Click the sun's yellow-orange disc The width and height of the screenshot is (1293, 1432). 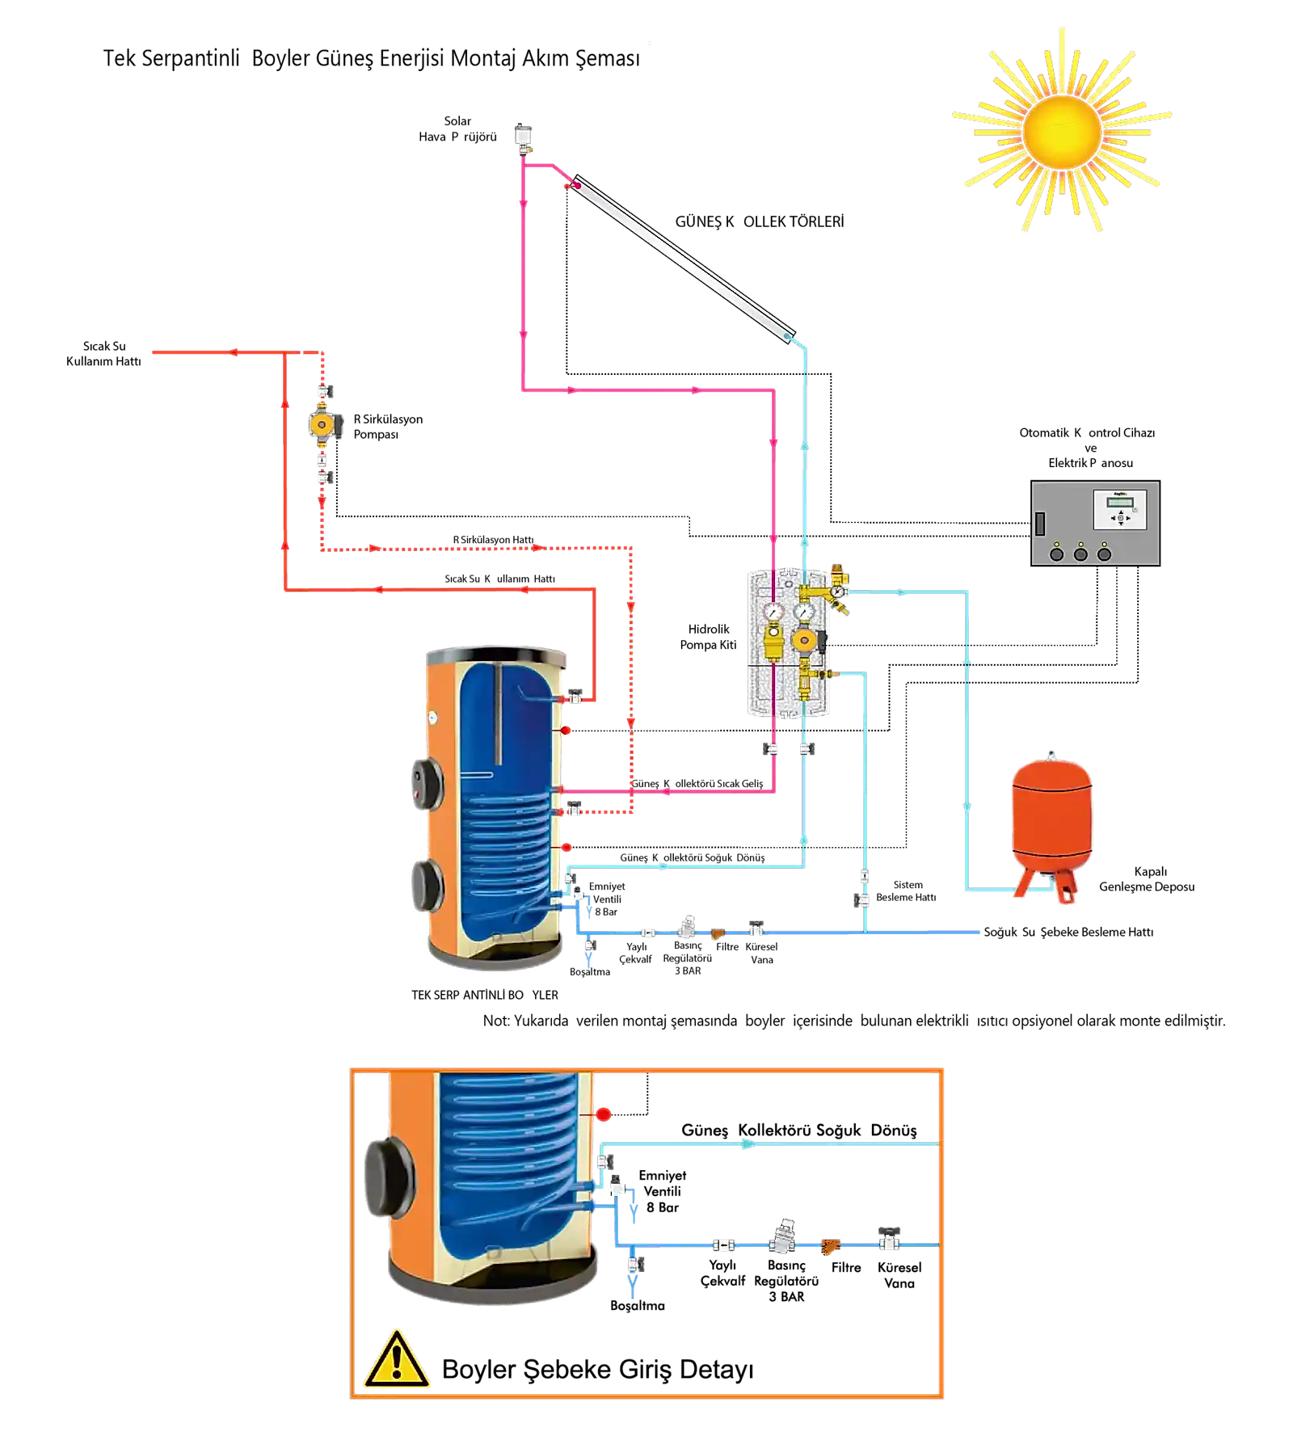tap(1061, 132)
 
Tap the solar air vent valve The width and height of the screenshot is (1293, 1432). tap(524, 138)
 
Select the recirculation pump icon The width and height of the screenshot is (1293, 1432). tap(323, 424)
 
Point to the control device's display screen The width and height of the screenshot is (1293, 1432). tap(1120, 502)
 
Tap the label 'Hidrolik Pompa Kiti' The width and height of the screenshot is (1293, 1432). tap(709, 637)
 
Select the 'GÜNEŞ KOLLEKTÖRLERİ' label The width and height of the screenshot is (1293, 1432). tap(760, 221)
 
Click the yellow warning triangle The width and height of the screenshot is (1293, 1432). tap(396, 1359)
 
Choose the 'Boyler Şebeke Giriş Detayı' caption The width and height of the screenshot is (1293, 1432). tap(598, 1369)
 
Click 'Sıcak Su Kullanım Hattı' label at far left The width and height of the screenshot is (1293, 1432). tap(103, 354)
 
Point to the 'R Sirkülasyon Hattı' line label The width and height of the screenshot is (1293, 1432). tap(493, 540)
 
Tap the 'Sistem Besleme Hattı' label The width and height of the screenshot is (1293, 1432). tap(907, 891)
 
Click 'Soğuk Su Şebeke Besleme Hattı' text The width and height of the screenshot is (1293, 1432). tap(1068, 932)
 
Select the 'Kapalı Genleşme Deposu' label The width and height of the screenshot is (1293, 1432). tap(1147, 879)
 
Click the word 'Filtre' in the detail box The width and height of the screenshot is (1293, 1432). tap(846, 1267)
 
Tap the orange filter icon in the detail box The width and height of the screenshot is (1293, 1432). tap(831, 1245)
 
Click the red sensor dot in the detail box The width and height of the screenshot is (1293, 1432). tap(604, 1114)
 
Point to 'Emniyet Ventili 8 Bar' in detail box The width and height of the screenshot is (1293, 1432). tap(663, 1191)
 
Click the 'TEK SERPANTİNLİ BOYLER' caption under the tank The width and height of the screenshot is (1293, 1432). tap(485, 995)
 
